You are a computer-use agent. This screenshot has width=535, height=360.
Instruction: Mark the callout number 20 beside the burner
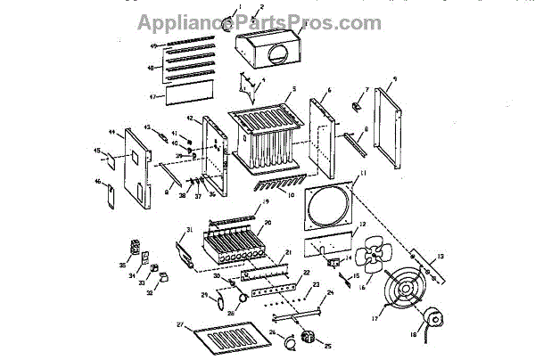click(268, 222)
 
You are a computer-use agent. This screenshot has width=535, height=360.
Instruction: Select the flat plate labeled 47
click(182, 89)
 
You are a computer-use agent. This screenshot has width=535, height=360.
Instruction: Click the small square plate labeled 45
click(111, 163)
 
